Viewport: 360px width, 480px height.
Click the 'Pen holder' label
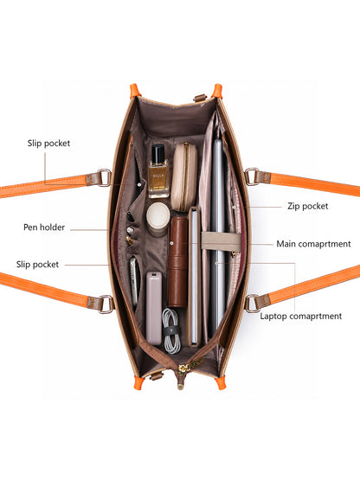click(44, 227)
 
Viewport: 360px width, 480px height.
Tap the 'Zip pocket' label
click(307, 206)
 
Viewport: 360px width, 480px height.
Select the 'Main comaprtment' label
click(313, 244)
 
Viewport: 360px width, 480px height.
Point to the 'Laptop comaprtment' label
click(301, 317)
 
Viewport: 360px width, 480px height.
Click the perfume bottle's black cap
click(158, 153)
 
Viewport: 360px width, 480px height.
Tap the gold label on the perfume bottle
click(158, 178)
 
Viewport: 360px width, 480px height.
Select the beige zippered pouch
click(183, 177)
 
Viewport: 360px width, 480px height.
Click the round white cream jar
click(157, 219)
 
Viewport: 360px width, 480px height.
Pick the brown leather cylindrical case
click(177, 262)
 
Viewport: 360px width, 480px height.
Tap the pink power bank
click(154, 308)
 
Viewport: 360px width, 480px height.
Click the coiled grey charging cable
click(171, 331)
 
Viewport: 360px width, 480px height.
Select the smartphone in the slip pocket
click(133, 282)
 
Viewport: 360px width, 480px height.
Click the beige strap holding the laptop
click(222, 241)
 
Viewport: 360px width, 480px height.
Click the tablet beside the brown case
click(194, 277)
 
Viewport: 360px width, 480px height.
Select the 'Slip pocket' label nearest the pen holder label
click(37, 265)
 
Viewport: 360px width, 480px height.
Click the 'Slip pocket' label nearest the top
click(48, 144)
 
